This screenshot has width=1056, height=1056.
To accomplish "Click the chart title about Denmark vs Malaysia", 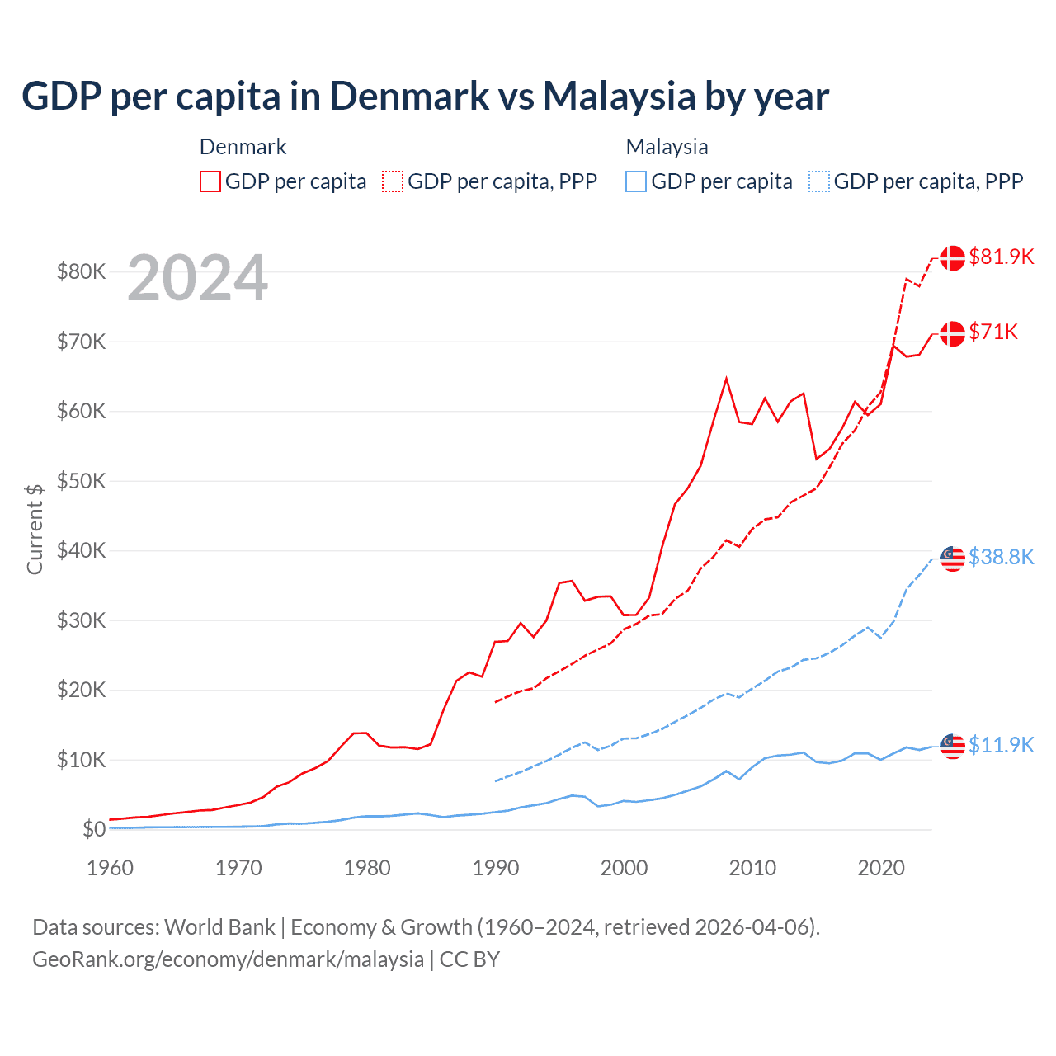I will click(x=425, y=96).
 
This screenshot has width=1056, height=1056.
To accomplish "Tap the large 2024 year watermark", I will click(x=197, y=278).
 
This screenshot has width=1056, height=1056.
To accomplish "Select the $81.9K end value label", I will click(x=1001, y=257).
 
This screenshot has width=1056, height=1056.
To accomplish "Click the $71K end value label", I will click(x=993, y=332).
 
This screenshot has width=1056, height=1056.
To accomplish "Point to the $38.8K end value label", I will click(x=1001, y=557).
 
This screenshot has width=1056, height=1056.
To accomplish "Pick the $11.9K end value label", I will click(x=1001, y=745).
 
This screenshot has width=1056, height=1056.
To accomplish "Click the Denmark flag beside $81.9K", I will click(x=953, y=257).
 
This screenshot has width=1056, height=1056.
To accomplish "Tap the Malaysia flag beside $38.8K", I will click(x=953, y=558).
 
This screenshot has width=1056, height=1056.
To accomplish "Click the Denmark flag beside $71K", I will click(x=953, y=333).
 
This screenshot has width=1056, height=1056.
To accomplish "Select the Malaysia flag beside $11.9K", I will click(x=953, y=746).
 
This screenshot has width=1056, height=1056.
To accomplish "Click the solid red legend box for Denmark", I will click(x=210, y=181).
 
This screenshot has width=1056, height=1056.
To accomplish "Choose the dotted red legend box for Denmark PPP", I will click(x=393, y=181).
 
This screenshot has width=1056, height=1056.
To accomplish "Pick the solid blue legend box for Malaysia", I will click(x=636, y=181).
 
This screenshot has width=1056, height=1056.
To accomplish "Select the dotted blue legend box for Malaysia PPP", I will click(x=819, y=181).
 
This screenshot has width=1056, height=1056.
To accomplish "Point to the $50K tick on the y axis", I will click(x=81, y=481).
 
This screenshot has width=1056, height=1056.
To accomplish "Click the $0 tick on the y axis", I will click(x=94, y=829).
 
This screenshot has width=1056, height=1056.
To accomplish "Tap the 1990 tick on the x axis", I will click(x=496, y=868).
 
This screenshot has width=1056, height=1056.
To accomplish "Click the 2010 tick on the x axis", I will click(x=752, y=868).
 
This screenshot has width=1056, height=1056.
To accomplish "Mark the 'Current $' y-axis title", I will click(x=35, y=529).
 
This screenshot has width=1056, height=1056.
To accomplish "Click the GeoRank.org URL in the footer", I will click(x=228, y=959).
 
